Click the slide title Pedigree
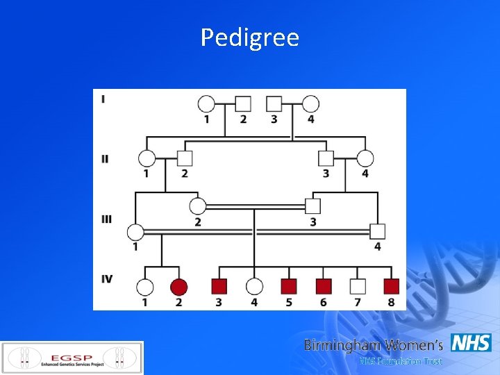click(250, 37)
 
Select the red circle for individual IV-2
click(179, 286)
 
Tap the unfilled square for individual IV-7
click(357, 285)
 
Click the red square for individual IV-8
click(392, 285)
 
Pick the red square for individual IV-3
click(219, 285)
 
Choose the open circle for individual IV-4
click(254, 286)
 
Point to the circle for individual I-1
click(206, 104)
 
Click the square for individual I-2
click(243, 104)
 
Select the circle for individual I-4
click(310, 104)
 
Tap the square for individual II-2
click(184, 158)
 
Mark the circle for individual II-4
click(365, 158)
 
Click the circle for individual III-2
click(198, 206)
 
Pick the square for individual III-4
click(377, 231)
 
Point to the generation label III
click(106, 219)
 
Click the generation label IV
click(107, 279)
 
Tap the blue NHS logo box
click(471, 343)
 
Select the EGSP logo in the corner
click(72, 357)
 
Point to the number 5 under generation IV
click(289, 302)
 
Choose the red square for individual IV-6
click(324, 285)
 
